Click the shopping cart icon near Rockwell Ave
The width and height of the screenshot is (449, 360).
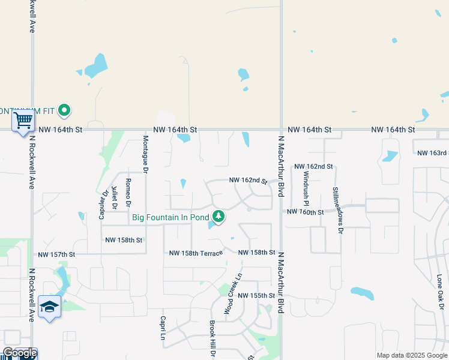[x=23, y=120]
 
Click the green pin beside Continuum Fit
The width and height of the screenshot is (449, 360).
[x=65, y=110]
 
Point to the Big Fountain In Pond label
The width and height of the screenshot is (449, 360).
[x=170, y=217]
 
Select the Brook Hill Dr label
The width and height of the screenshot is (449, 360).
[x=212, y=339]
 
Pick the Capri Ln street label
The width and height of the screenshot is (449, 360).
[x=162, y=328]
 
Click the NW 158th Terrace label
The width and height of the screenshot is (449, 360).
[x=196, y=253]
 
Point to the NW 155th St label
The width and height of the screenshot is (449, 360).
[x=256, y=296]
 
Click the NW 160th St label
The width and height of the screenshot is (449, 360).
[x=305, y=212]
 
